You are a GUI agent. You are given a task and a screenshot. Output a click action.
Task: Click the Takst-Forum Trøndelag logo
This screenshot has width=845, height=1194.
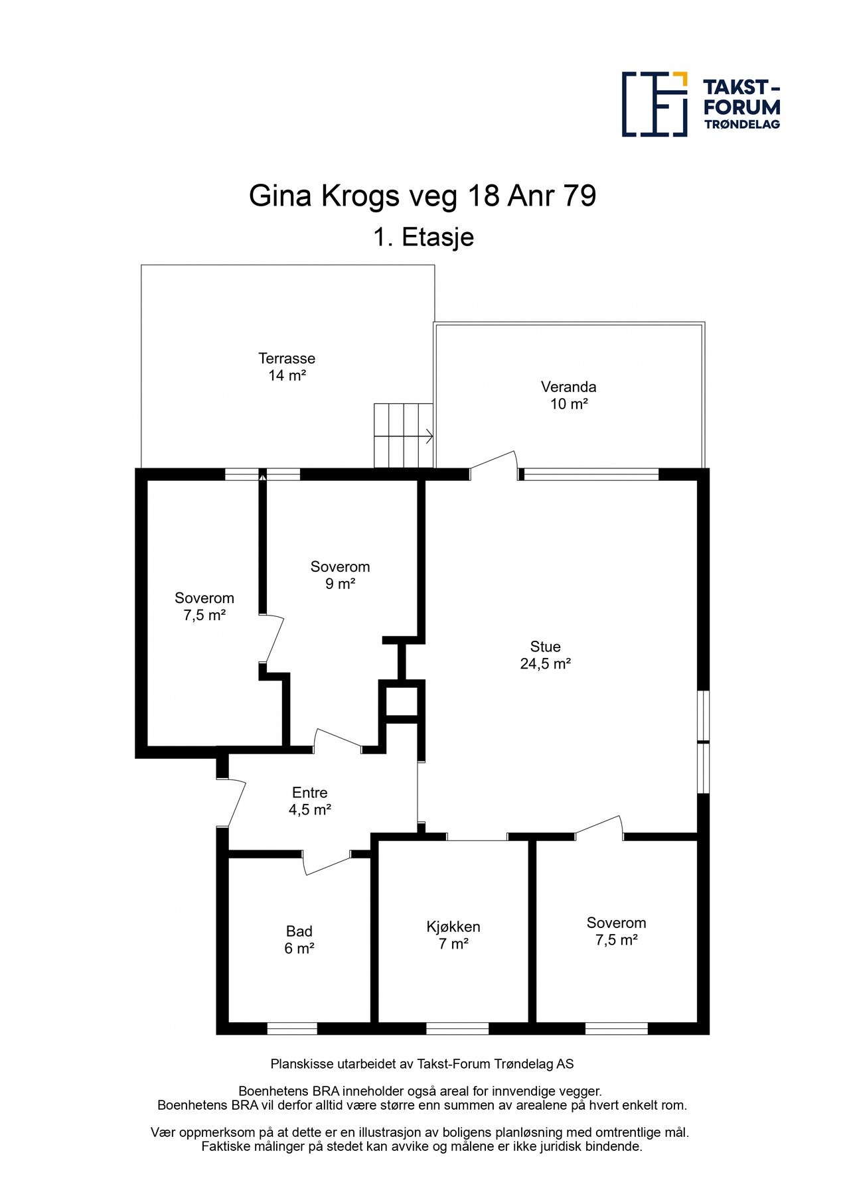[700, 104]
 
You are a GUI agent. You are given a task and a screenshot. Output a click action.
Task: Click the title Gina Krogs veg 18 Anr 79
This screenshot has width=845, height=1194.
[422, 196]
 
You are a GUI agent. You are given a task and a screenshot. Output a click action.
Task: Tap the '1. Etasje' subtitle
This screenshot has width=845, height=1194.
[423, 237]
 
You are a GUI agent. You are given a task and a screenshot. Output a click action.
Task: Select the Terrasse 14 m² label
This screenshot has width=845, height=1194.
[287, 367]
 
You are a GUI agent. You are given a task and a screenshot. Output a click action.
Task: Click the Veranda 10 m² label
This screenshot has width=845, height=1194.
[568, 395]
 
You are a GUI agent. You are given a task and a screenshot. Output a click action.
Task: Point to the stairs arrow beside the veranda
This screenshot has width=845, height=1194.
[429, 436]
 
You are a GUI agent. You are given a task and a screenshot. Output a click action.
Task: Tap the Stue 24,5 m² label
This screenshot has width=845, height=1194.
[545, 655]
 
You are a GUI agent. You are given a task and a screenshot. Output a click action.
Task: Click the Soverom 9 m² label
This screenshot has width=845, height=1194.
[340, 575]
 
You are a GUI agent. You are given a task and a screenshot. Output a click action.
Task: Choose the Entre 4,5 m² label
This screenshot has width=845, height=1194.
[309, 801]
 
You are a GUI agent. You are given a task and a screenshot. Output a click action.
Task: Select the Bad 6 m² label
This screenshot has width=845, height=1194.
[299, 940]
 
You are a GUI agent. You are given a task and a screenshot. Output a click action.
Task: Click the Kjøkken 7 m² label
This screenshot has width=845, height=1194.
[453, 935]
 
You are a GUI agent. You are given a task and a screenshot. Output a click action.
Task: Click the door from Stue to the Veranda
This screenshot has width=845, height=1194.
[494, 464]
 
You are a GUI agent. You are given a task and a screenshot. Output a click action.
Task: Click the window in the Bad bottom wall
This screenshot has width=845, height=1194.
[292, 1028]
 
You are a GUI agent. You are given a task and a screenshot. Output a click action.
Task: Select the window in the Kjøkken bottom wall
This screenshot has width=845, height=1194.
[457, 1028]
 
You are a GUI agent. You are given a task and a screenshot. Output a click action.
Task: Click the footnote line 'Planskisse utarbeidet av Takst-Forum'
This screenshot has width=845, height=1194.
[422, 1065]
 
